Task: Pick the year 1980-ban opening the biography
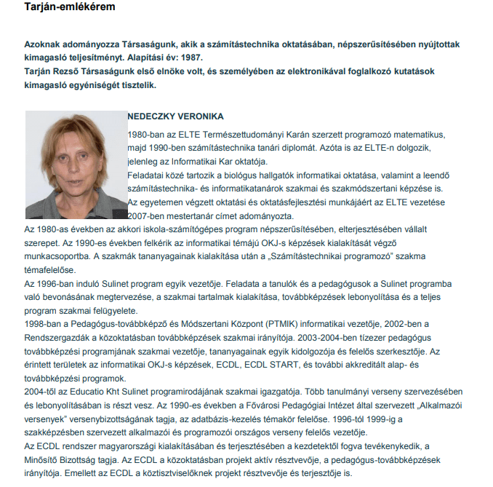(x=144, y=135)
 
